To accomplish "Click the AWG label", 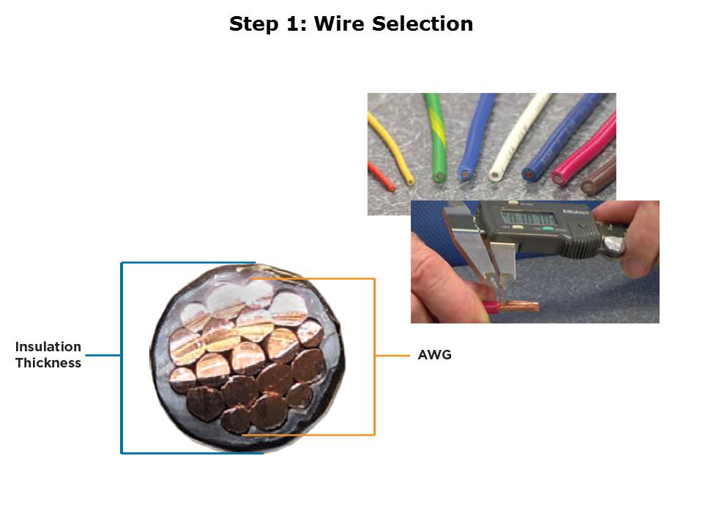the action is [434, 355].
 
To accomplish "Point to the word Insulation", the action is [48, 347].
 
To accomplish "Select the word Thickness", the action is [48, 362].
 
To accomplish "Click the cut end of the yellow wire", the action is [410, 182].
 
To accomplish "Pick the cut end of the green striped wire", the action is [439, 176].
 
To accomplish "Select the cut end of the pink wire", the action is [559, 178].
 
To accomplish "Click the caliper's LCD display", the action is [529, 219].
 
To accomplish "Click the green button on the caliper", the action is [548, 229].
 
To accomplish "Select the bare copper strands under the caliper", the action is [519, 307].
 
